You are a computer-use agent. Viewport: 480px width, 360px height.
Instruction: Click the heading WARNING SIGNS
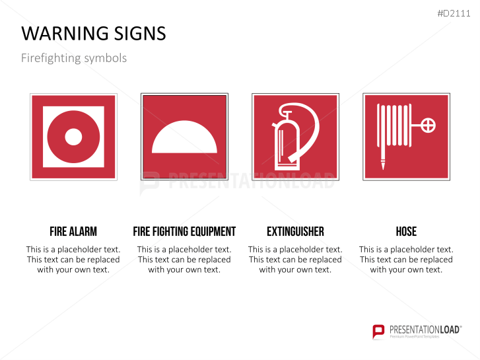[94, 34]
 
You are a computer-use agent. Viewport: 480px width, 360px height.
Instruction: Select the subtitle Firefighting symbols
[73, 58]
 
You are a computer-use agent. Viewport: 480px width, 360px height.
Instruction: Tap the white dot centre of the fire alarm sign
[73, 137]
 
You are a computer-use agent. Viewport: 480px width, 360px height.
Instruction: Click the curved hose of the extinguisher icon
[310, 132]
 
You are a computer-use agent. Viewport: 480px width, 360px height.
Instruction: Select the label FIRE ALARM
[73, 231]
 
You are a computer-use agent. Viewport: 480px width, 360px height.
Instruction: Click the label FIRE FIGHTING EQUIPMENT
[184, 231]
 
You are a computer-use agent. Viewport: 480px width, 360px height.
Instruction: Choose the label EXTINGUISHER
[295, 231]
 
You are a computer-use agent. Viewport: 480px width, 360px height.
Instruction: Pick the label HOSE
[406, 231]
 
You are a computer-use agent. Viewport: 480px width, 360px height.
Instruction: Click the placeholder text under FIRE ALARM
[73, 260]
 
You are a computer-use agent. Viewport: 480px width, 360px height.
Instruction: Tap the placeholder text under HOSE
[406, 260]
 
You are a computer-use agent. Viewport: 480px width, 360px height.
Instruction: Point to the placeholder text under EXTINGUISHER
[295, 260]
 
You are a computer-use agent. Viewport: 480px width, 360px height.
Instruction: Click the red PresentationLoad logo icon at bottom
[378, 331]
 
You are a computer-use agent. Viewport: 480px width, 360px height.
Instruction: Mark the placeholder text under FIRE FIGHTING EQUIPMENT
[184, 260]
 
